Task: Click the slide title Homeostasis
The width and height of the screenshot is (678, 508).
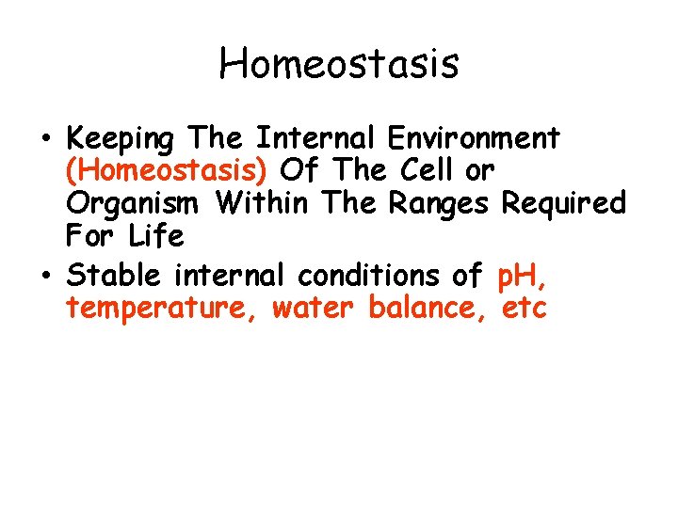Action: tap(339, 64)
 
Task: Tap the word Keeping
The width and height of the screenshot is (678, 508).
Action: tap(121, 139)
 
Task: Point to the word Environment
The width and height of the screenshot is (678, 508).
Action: tap(474, 138)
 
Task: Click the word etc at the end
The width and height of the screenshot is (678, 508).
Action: tap(525, 308)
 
